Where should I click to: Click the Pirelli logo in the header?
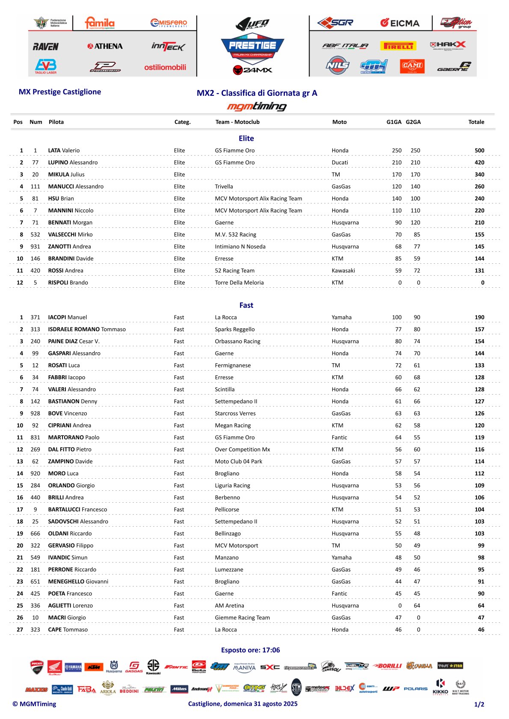tap(398, 46)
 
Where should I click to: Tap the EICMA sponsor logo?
tap(400, 23)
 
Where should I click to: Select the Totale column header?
tap(476, 122)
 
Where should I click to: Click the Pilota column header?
tap(56, 122)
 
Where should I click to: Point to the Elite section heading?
tap(246, 138)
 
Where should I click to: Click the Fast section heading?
tap(246, 305)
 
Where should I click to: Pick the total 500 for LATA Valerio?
tap(479, 150)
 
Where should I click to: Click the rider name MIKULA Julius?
tap(66, 174)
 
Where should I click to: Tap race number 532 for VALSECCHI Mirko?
tap(35, 234)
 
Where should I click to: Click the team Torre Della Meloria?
tap(239, 283)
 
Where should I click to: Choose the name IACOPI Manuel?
tap(67, 317)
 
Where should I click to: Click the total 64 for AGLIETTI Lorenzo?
tap(481, 605)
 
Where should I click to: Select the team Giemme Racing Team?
tap(242, 617)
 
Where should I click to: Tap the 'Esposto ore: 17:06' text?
tap(250, 650)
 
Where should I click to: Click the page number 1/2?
tap(479, 704)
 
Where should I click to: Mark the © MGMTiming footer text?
tap(34, 704)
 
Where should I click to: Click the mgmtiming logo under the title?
tap(257, 106)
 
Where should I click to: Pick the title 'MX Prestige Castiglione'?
tap(60, 92)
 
